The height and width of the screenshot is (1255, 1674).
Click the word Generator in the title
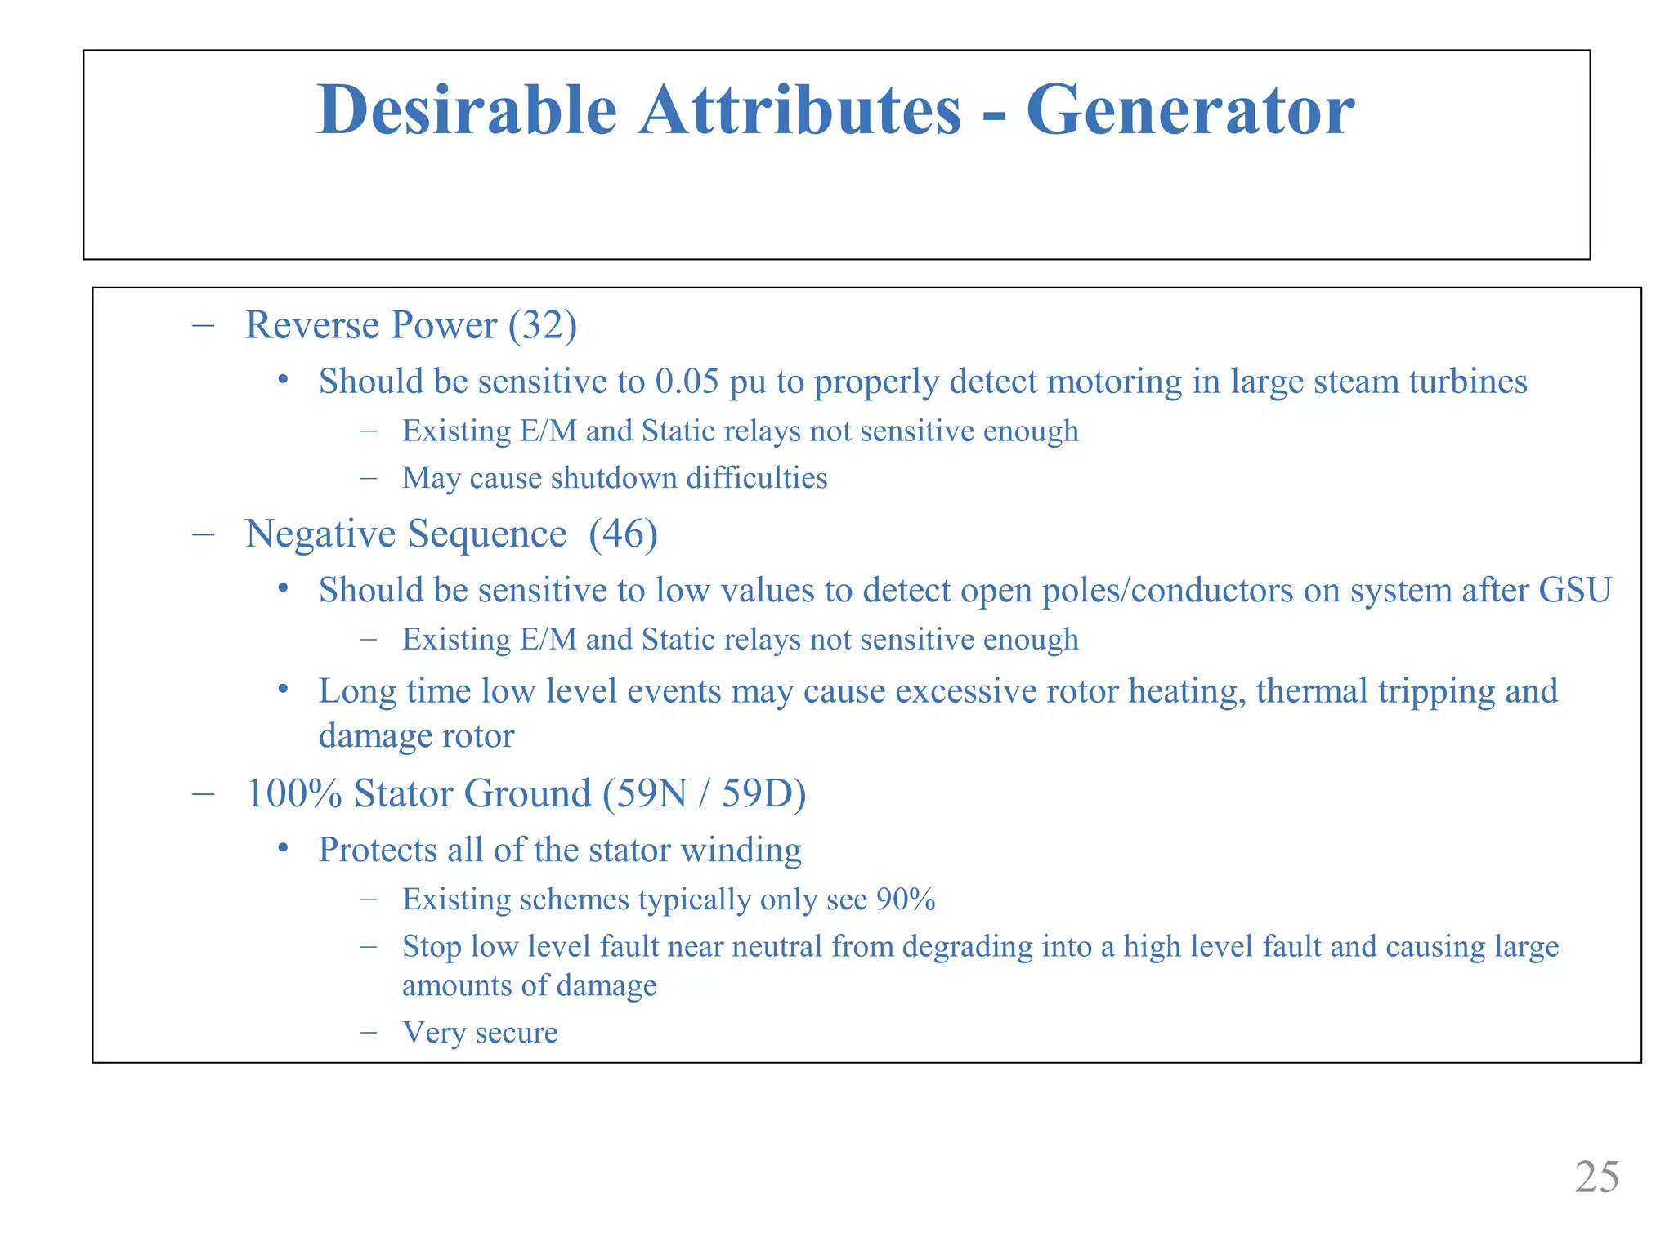click(x=1190, y=110)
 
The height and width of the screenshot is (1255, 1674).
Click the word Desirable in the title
click(x=467, y=110)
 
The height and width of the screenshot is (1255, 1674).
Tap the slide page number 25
click(x=1596, y=1177)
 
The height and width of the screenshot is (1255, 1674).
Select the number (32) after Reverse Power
click(x=543, y=325)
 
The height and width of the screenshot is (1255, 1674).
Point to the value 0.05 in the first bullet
click(x=687, y=382)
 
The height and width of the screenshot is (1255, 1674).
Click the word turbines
click(x=1468, y=382)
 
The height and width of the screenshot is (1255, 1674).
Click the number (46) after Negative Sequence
click(x=623, y=534)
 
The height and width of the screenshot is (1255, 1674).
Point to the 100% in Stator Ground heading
click(x=293, y=793)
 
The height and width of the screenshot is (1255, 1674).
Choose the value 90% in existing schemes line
click(x=906, y=900)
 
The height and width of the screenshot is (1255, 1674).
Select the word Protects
click(x=378, y=850)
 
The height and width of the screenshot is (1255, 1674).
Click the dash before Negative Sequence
click(x=203, y=534)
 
